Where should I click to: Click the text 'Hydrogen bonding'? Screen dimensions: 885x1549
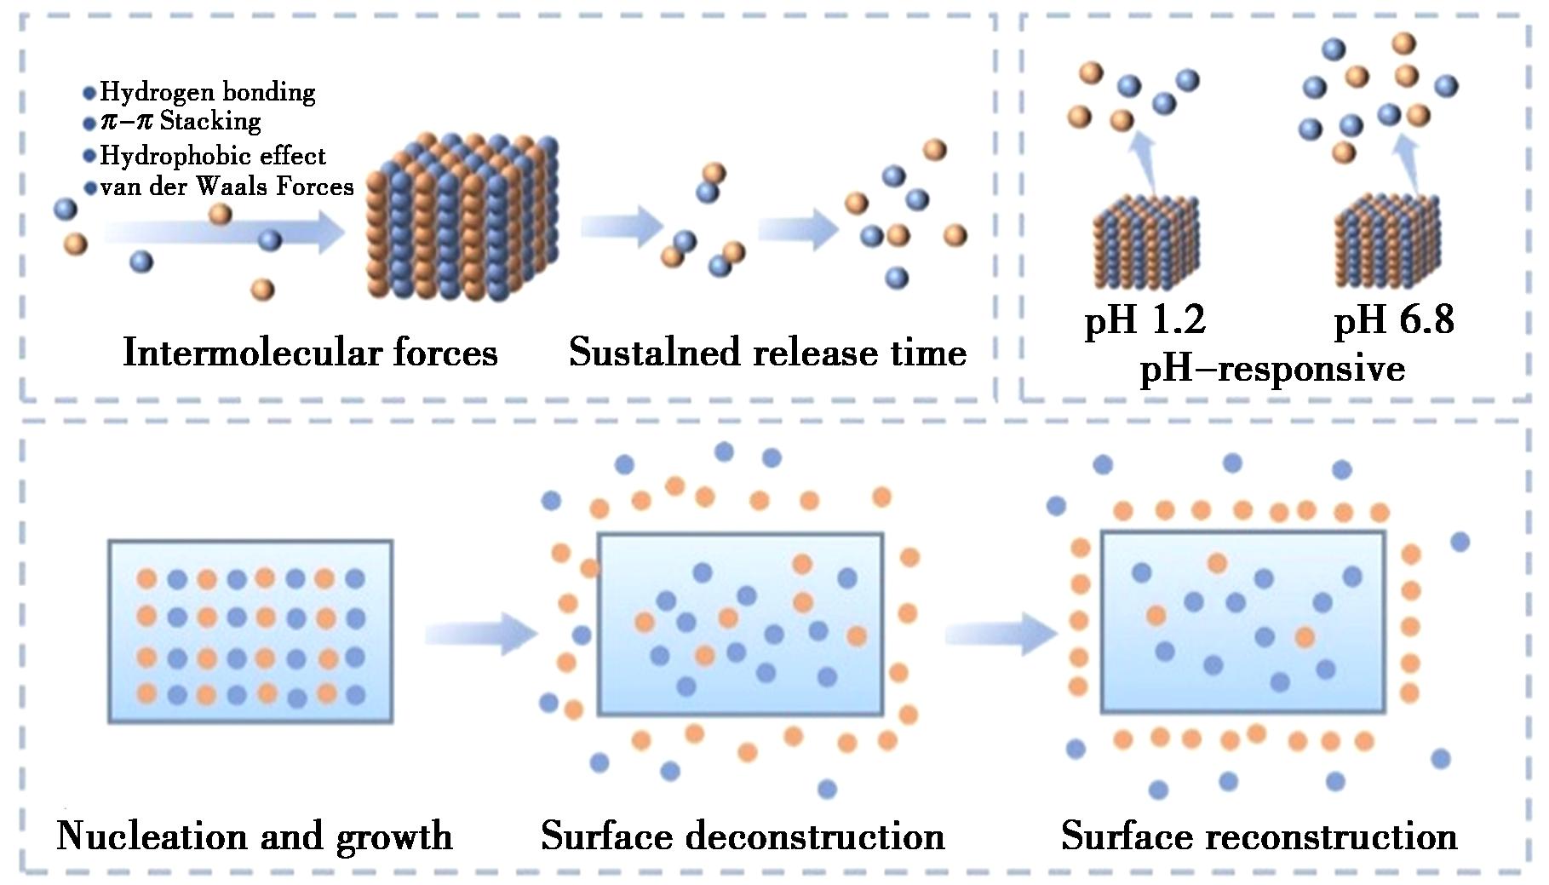[x=207, y=92]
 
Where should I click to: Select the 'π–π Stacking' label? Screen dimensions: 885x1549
[x=181, y=121]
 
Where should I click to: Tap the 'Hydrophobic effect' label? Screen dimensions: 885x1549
[x=212, y=156]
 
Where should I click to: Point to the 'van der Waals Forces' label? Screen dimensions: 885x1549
[x=227, y=187]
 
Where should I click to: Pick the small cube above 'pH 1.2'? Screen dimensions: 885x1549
[x=1145, y=244]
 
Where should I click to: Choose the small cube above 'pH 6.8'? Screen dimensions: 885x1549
[x=1387, y=244]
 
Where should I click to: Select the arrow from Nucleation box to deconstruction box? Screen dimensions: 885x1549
[x=481, y=634]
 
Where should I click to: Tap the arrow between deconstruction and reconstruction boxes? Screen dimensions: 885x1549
[x=1001, y=634]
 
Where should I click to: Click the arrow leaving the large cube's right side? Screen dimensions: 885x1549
[x=621, y=227]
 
